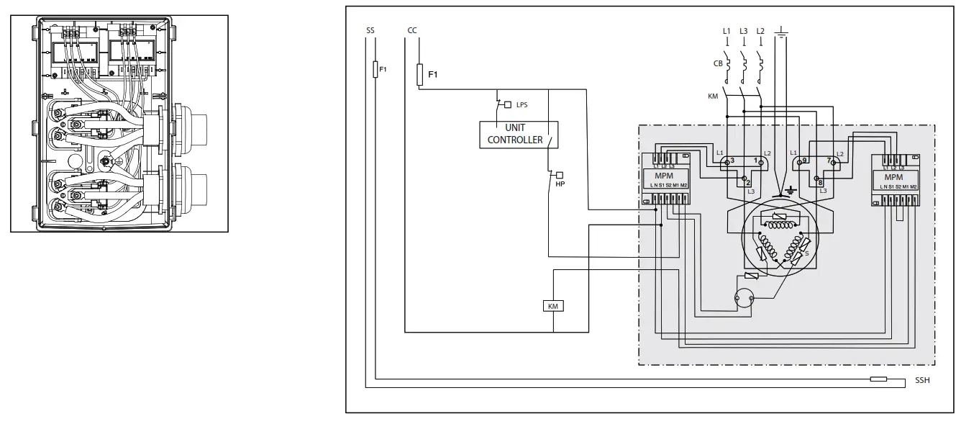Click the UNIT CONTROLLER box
(515, 134)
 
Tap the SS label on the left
(370, 31)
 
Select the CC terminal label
(411, 31)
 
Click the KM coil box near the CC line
(553, 306)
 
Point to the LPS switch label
(522, 105)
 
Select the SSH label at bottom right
(922, 380)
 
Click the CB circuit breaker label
(717, 63)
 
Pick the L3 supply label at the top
(743, 31)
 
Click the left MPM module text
(663, 177)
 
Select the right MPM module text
(893, 177)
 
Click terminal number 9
(804, 160)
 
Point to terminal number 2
(749, 183)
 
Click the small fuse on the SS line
(375, 70)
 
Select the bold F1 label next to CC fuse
(433, 74)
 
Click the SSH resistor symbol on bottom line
(878, 379)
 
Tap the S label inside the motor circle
(806, 253)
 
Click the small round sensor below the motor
(742, 297)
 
